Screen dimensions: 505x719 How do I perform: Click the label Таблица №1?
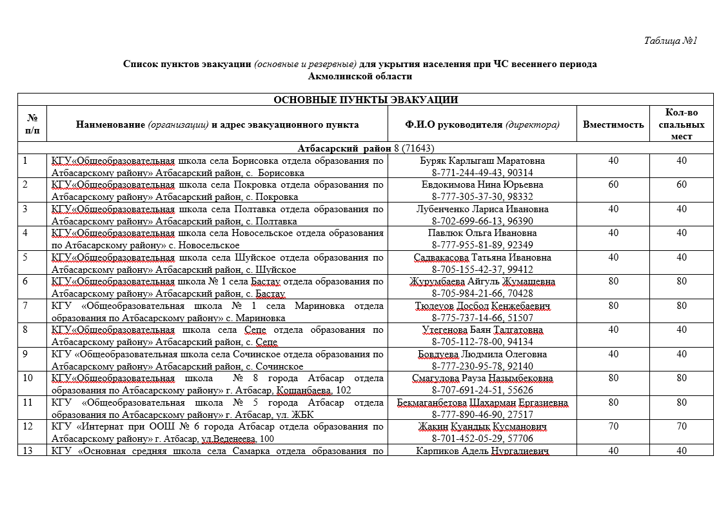point(671,41)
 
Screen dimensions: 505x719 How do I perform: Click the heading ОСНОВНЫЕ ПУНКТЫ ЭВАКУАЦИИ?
point(366,100)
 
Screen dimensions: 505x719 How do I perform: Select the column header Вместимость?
point(613,124)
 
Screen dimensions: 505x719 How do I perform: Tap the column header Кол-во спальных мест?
point(681,124)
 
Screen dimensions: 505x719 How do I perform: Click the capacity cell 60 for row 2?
point(613,184)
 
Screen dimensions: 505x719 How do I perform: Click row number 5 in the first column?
point(26,257)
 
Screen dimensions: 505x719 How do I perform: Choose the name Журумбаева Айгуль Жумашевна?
point(482,281)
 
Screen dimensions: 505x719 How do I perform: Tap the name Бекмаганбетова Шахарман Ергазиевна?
point(482,402)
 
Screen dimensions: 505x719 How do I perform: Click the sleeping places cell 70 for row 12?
point(681,426)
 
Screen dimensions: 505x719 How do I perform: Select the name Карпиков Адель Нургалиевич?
point(482,451)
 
